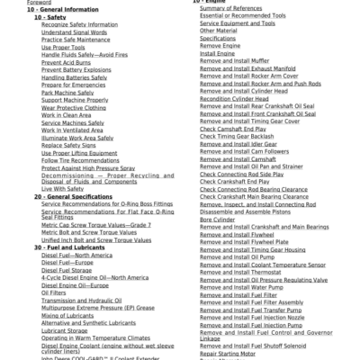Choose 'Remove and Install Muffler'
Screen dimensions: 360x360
[x=235, y=61]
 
